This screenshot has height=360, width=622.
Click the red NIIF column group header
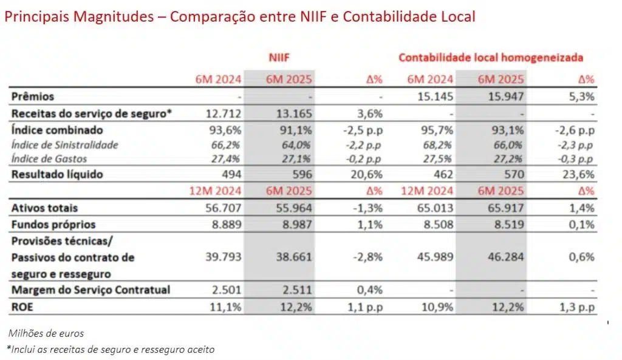[279, 58]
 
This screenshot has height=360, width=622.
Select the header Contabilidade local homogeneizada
[491, 58]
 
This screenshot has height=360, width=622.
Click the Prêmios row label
[33, 97]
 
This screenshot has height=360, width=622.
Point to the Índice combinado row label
[57, 130]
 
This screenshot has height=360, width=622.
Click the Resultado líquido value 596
[301, 175]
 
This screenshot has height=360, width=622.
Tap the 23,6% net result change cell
[580, 175]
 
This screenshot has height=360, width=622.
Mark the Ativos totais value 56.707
[224, 208]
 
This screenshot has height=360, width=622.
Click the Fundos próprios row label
[53, 225]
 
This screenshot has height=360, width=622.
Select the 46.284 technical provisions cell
[506, 257]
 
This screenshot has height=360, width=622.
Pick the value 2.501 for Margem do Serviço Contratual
[227, 290]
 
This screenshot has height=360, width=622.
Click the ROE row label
[22, 307]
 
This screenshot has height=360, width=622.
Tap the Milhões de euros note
[46, 333]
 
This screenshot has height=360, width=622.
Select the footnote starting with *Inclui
[111, 349]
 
